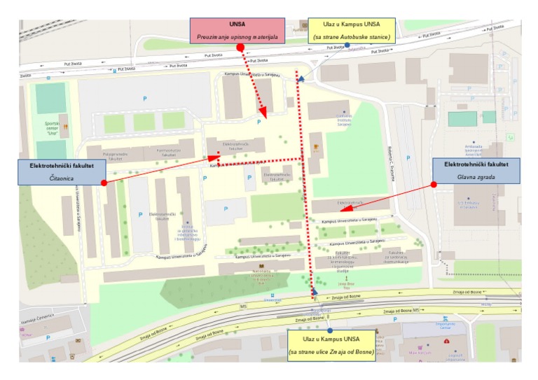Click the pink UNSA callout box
pyautogui.click(x=237, y=29)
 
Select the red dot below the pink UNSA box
pyautogui.click(x=240, y=48)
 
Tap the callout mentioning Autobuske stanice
pyautogui.click(x=352, y=30)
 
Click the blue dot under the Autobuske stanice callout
pyautogui.click(x=347, y=45)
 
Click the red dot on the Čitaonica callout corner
pyautogui.click(x=104, y=183)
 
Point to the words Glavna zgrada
pyautogui.click(x=476, y=177)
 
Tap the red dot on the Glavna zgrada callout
pyautogui.click(x=434, y=184)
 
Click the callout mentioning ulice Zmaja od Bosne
pyautogui.click(x=331, y=345)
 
